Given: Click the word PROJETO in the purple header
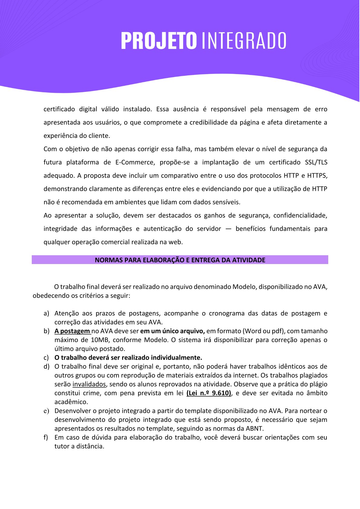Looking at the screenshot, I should click(159, 41).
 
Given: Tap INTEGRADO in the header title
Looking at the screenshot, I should click(244, 41).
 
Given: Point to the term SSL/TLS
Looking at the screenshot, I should click(316, 162).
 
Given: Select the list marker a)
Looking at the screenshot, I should click(46, 314).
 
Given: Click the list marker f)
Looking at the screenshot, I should click(46, 438).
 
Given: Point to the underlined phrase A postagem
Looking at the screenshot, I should click(72, 331).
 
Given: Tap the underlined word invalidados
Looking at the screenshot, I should click(89, 384).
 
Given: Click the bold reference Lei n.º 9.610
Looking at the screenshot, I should click(209, 393).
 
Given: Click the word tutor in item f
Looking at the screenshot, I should click(62, 446).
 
